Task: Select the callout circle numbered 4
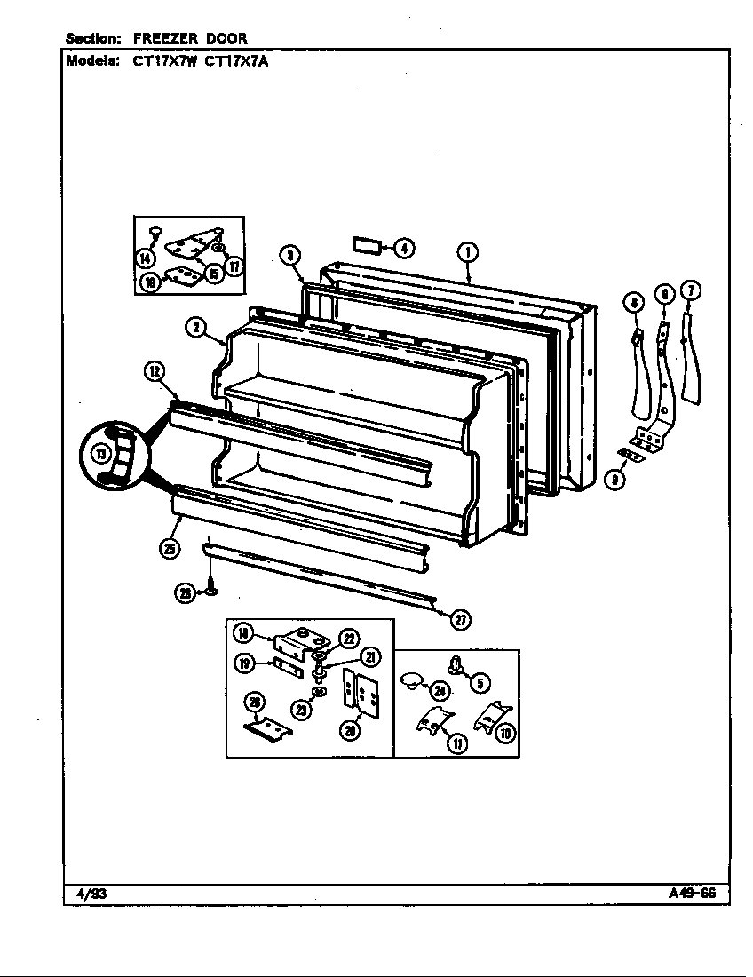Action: [403, 248]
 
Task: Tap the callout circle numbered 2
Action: [195, 328]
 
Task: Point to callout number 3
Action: [289, 256]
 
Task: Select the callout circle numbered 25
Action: [169, 549]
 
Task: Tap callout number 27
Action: [460, 620]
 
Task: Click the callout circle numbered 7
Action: [690, 290]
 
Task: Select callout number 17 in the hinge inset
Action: [234, 265]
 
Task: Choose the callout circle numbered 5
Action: [479, 683]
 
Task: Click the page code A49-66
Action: [692, 893]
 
